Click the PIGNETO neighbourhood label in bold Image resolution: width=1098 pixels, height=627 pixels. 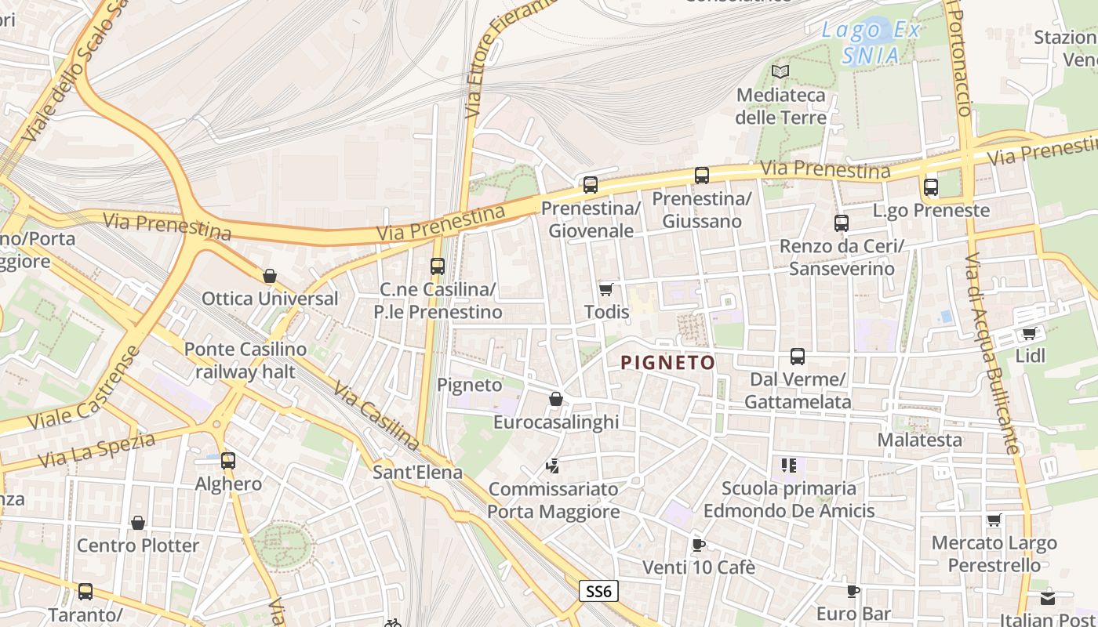point(667,362)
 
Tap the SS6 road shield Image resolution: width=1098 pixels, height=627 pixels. point(598,591)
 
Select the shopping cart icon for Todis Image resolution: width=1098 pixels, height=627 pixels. point(605,290)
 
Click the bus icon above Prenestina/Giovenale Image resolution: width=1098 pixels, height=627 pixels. point(591,185)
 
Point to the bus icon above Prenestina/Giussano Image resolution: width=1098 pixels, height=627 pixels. point(702,176)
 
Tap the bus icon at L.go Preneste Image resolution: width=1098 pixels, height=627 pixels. point(931,187)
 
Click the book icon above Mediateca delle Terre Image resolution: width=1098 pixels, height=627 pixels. point(780,72)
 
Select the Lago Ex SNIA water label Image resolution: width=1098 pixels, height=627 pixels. point(871,43)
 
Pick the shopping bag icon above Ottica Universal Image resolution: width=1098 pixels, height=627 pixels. point(270,276)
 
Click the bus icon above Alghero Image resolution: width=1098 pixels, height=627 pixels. point(228,461)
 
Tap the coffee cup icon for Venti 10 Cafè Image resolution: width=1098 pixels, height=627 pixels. point(698,545)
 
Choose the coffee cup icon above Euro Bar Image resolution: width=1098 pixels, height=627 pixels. point(853,591)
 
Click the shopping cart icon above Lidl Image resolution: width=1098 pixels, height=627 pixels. point(1029,334)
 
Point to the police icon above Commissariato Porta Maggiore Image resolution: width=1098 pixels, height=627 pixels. point(553,466)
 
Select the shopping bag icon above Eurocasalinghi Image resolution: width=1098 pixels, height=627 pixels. point(556,400)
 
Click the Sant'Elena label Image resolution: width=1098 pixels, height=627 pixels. point(417,473)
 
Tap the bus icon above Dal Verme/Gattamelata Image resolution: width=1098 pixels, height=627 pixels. point(798,357)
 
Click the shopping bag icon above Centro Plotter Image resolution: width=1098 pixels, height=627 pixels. point(138,523)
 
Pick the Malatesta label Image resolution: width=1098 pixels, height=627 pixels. point(919,440)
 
